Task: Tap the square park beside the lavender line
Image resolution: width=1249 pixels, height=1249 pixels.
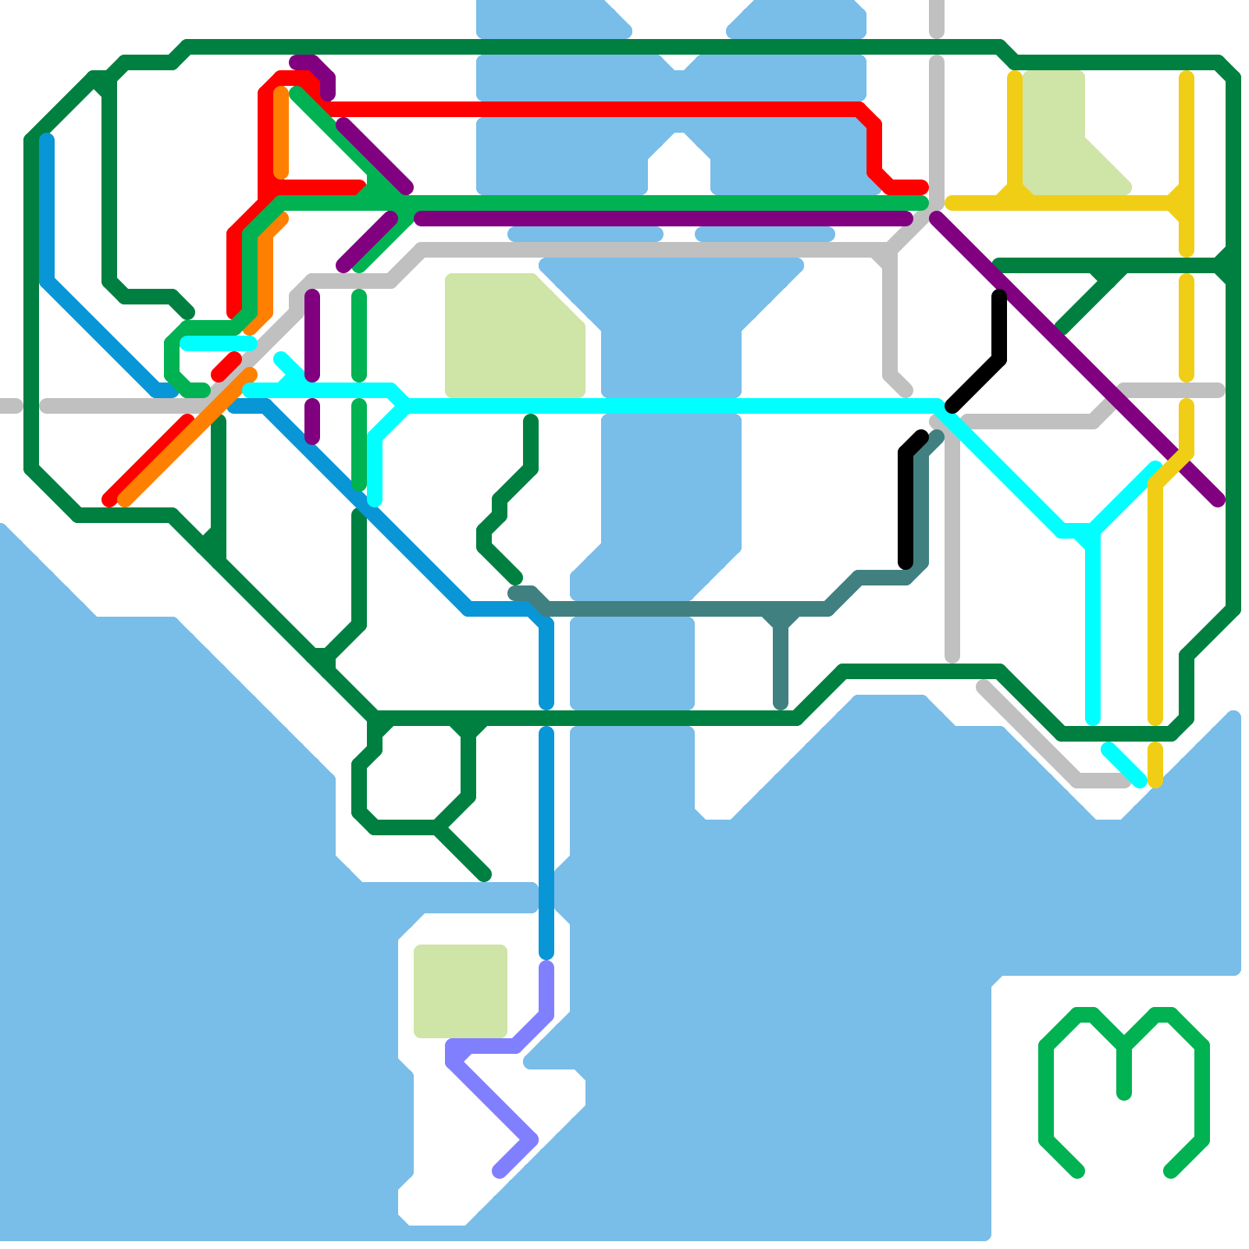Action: coord(461,991)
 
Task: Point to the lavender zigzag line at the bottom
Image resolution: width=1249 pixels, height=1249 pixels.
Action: coord(492,1093)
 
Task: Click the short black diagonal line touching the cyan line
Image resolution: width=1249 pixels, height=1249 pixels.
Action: coord(976,383)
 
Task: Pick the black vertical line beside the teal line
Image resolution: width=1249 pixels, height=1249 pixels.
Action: coord(906,507)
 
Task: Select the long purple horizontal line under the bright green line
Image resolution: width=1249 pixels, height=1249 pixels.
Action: coord(664,219)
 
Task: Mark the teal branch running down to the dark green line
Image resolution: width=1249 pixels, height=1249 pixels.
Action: coord(781,664)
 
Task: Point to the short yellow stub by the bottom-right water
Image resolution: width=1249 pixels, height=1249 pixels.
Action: coord(1155,765)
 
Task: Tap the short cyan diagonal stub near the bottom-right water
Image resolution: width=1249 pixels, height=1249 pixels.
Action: coord(1124,765)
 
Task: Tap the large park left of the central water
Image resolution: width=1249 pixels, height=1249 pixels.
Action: coord(507,336)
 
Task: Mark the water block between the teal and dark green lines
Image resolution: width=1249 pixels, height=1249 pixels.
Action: coord(632,664)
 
